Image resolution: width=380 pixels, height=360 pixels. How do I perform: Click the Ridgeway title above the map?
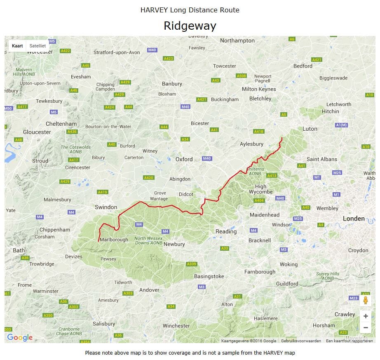190,26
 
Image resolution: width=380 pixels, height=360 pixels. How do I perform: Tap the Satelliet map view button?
38,46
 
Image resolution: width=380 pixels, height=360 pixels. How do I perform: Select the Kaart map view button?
17,46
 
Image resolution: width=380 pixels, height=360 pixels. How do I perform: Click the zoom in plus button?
365,316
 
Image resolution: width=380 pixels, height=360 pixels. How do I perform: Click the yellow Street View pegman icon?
365,300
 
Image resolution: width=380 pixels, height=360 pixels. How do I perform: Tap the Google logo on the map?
20,337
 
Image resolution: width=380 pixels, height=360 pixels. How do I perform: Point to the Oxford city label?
184,159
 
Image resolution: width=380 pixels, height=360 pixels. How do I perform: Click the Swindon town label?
106,207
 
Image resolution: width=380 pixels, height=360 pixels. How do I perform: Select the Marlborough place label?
114,240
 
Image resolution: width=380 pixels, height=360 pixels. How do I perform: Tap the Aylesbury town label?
251,144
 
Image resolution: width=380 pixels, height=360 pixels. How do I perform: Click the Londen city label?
354,219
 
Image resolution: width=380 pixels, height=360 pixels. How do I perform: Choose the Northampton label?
237,40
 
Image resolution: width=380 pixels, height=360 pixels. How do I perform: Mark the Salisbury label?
104,324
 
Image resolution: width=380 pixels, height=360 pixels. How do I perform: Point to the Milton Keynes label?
259,89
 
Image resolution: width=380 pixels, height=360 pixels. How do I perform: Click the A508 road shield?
241,76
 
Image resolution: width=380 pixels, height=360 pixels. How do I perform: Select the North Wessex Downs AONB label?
148,241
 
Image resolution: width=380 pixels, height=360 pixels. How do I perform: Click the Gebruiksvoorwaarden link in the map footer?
301,341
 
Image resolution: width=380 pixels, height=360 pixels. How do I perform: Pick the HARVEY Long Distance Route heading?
190,10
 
